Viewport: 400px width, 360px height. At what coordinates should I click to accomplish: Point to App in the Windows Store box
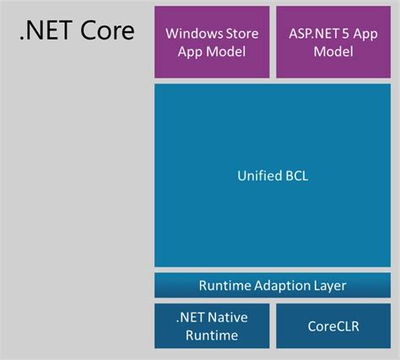[192, 51]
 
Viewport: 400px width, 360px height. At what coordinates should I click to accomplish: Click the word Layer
[329, 286]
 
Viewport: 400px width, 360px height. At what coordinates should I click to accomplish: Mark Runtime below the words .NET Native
[213, 335]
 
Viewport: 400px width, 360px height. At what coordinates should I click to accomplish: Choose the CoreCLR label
[332, 326]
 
